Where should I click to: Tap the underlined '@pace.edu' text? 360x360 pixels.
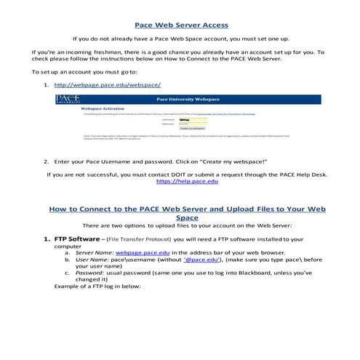click(x=204, y=259)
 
